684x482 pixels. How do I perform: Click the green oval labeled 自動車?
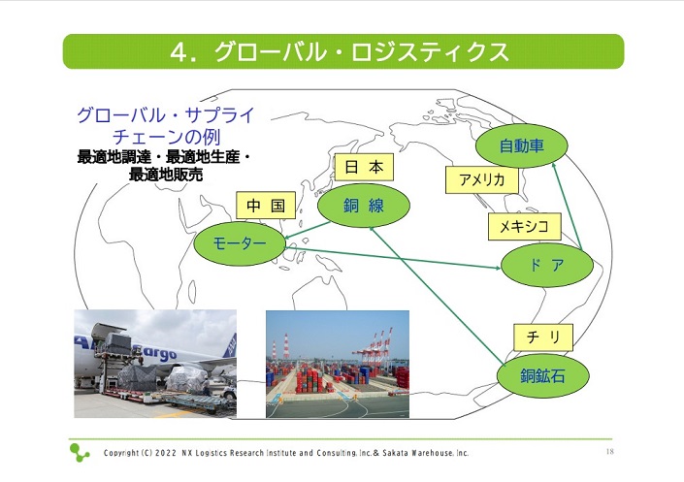(x=521, y=145)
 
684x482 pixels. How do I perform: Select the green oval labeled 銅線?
(x=364, y=206)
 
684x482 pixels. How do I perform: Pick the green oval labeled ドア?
(x=547, y=265)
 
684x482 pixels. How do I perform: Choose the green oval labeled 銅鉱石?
(x=543, y=375)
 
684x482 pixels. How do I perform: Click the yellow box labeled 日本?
(x=364, y=167)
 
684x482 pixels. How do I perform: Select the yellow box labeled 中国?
(x=266, y=205)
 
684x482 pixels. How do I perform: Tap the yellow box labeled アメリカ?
(x=482, y=179)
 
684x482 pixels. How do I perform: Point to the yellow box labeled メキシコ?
(x=524, y=226)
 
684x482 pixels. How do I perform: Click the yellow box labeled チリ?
(x=543, y=337)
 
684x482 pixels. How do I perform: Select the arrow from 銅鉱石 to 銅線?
(x=437, y=295)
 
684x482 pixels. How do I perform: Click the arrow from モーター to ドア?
(x=394, y=258)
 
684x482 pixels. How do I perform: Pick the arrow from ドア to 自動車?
(x=567, y=207)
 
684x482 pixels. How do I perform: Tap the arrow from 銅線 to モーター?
(x=308, y=230)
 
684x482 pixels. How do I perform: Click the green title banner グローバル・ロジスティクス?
(x=343, y=51)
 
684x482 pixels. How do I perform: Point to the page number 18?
(x=610, y=451)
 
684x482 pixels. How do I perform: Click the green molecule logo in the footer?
(x=80, y=452)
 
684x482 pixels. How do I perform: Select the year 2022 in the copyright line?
(x=166, y=453)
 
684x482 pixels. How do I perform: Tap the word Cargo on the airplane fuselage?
(x=155, y=352)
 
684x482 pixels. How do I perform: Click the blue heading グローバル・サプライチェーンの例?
(x=166, y=126)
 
